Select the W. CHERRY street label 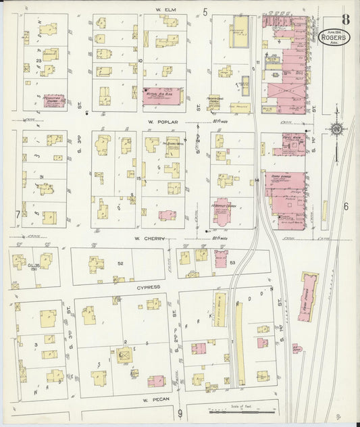pos(151,238)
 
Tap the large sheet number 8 pos(346,18)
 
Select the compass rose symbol pos(336,128)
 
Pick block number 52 pos(122,263)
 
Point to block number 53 pos(233,262)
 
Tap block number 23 pos(39,61)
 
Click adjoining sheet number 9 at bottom pos(180,413)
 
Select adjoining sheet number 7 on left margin pos(18,215)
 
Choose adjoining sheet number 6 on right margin pos(345,207)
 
